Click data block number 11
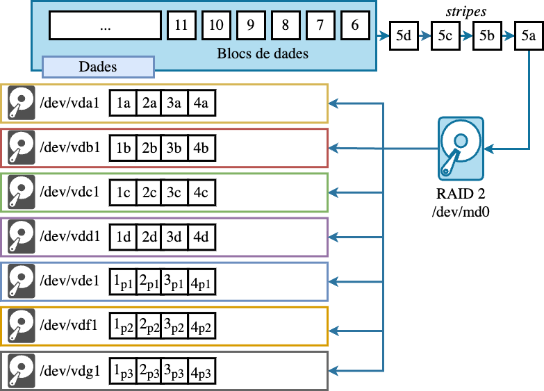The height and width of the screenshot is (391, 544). pyautogui.click(x=181, y=25)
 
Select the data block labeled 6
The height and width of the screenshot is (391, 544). pyautogui.click(x=355, y=25)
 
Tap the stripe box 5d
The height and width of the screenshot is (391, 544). pyautogui.click(x=403, y=36)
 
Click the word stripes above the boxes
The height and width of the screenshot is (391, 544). pyautogui.click(x=465, y=11)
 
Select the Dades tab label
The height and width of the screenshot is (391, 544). pyautogui.click(x=98, y=67)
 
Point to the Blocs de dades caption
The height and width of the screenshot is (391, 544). pyautogui.click(x=263, y=53)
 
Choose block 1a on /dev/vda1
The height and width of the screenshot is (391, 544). pyautogui.click(x=124, y=103)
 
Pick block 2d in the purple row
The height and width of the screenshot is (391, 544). pyautogui.click(x=149, y=237)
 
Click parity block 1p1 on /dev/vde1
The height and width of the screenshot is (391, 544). pyautogui.click(x=124, y=282)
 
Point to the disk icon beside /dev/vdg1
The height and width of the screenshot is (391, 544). pyautogui.click(x=22, y=371)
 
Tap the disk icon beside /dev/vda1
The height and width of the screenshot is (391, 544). pyautogui.click(x=22, y=104)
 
